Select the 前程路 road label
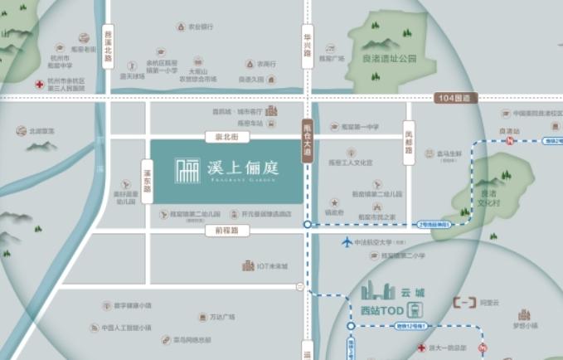[x=221, y=230]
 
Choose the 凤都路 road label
[x=408, y=142]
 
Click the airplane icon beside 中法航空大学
[x=347, y=242]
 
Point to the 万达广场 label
[x=221, y=316]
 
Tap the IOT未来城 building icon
[x=248, y=265]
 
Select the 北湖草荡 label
[x=41, y=130]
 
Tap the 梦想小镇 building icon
[x=524, y=315]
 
